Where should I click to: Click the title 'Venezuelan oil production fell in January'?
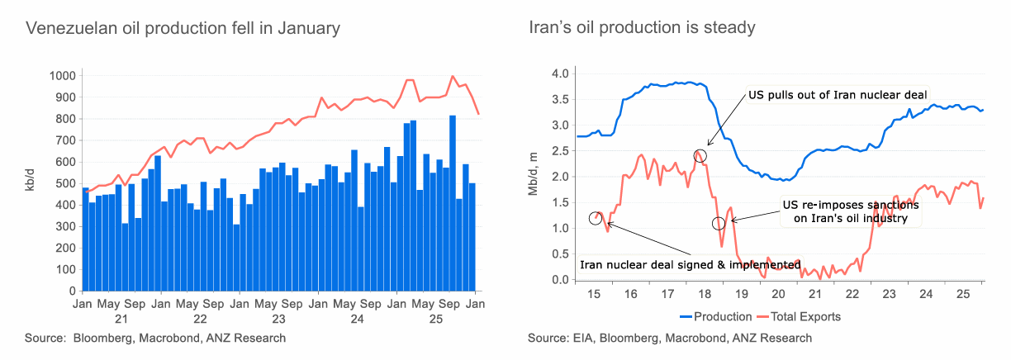(183, 28)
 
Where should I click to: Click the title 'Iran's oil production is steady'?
(642, 28)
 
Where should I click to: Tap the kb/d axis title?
(30, 182)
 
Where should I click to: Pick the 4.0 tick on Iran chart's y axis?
(561, 73)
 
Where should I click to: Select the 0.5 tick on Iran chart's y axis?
(561, 253)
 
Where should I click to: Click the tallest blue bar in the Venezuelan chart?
(453, 202)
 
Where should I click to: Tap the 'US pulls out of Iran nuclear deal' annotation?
(838, 94)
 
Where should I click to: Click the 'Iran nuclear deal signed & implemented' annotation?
(691, 265)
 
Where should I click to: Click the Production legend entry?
(715, 316)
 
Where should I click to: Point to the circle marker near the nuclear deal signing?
(596, 218)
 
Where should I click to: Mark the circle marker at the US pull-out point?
(700, 154)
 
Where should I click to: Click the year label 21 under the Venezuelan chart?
(121, 318)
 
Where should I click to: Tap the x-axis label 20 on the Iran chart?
(777, 295)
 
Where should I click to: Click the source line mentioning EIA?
(670, 338)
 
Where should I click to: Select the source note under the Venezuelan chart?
(155, 338)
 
